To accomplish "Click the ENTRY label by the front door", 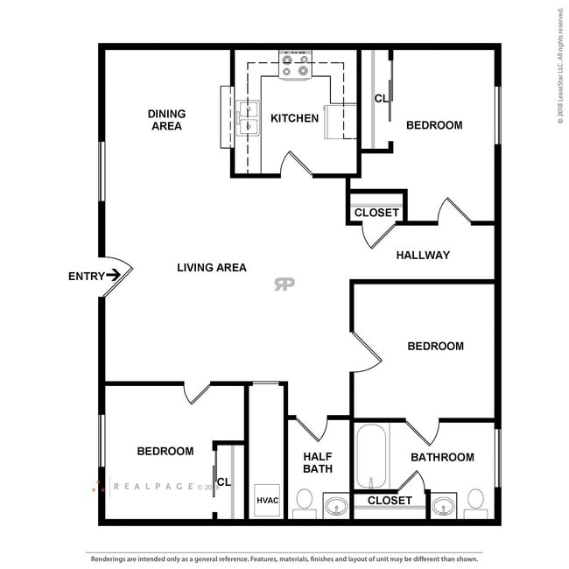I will [x=85, y=276].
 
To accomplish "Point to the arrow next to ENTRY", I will [x=113, y=276].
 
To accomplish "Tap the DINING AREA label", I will [x=166, y=120].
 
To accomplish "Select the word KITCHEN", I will [x=294, y=118].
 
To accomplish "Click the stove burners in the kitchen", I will [x=295, y=64].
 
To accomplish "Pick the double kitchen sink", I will [x=248, y=118].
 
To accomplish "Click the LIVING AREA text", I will [x=211, y=267].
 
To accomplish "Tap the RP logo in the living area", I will [x=284, y=284].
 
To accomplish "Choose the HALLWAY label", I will [x=423, y=255].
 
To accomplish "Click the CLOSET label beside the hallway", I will [x=376, y=213].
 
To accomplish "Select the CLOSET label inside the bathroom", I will [x=390, y=501].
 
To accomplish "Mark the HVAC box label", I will [x=267, y=501].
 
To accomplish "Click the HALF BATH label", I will [x=317, y=462].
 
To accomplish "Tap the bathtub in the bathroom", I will [x=371, y=455].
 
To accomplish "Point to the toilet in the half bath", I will [x=304, y=501].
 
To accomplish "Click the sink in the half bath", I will [x=336, y=505].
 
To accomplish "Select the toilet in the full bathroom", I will [x=475, y=501].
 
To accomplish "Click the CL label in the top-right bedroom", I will [x=381, y=98].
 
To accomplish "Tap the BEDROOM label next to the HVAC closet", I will [x=165, y=451].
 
